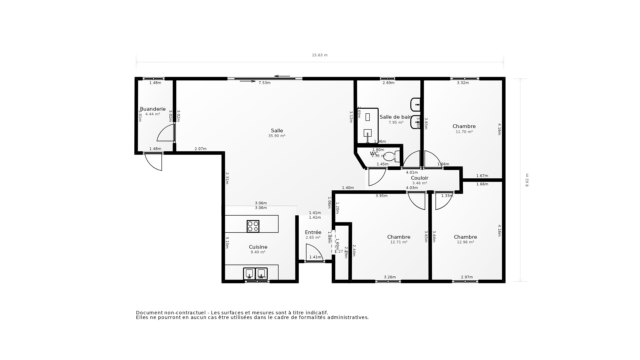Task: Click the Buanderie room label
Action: tap(153, 109)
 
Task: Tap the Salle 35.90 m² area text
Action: tap(277, 136)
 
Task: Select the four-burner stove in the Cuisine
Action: tap(253, 226)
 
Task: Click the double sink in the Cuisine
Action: tap(255, 274)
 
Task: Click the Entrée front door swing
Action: tap(313, 252)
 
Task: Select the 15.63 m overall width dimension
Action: tap(320, 55)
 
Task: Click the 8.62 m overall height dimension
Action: tap(527, 180)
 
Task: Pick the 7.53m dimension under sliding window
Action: tap(264, 83)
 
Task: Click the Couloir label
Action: tap(419, 178)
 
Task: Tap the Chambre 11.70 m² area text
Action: tap(464, 132)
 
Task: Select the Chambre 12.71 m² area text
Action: tap(399, 242)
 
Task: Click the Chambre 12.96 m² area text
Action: tap(465, 242)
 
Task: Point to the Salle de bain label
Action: tap(395, 117)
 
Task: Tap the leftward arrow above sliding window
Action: tap(282, 76)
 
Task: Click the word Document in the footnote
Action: tap(149, 313)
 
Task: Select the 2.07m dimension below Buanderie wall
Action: tap(200, 149)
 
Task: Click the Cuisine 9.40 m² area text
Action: tap(258, 252)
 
